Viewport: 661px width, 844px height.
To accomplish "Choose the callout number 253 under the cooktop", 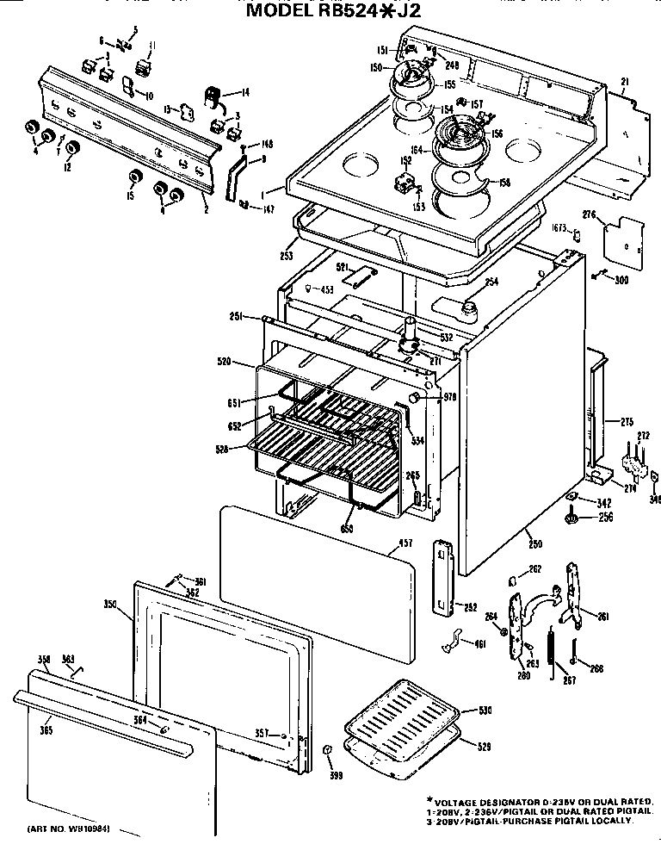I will [x=287, y=256].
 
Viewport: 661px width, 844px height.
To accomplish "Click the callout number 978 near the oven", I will [x=448, y=397].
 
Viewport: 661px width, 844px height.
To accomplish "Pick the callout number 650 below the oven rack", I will [x=346, y=528].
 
